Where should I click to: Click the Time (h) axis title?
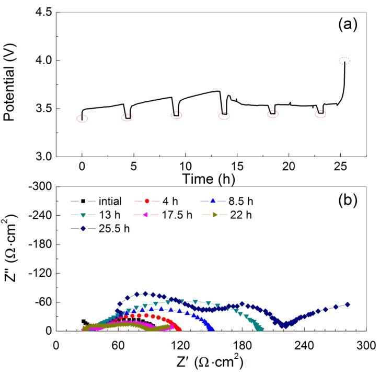point(208,179)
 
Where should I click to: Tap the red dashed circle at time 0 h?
point(82,119)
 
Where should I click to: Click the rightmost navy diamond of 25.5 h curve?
point(347,304)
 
